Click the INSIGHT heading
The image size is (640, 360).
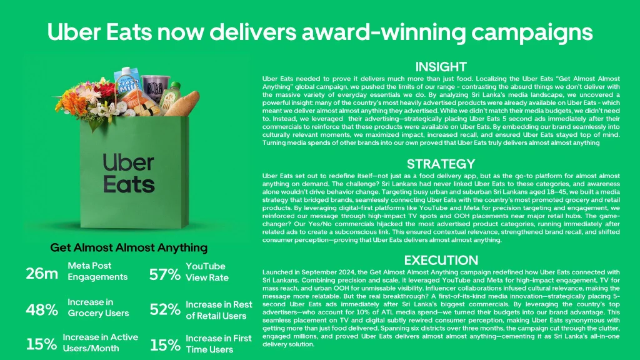tap(441, 66)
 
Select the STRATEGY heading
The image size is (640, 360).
tap(441, 164)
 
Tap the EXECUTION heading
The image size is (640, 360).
tap(441, 260)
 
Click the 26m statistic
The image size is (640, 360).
tap(42, 274)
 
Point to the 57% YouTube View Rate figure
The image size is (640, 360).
tap(165, 274)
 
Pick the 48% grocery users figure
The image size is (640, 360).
tap(42, 310)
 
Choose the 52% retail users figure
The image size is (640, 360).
tap(165, 309)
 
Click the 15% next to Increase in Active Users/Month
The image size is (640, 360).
tap(41, 344)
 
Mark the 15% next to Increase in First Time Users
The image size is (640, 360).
tap(165, 345)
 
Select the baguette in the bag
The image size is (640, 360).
tap(183, 103)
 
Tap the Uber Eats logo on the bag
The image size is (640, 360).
tap(129, 173)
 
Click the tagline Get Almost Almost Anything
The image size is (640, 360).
tap(129, 247)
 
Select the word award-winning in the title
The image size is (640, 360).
tap(382, 32)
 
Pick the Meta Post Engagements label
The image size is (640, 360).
tap(97, 271)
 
